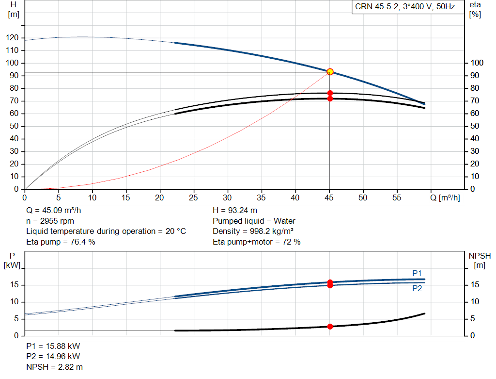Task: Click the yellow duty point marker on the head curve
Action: pos(330,72)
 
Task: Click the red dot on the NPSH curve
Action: pos(330,327)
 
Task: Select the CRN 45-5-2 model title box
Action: pos(405,7)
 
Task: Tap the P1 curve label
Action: pos(417,273)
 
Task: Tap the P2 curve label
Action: pos(417,288)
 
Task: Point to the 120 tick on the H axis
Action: pos(12,38)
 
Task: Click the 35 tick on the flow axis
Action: pos(261,198)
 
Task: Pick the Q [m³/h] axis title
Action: pos(445,198)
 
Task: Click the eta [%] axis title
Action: pos(475,10)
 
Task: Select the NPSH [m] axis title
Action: pos(480,261)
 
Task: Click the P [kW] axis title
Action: pos(12,261)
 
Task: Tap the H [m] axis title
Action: pos(14,10)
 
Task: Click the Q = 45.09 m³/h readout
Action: pos(53,211)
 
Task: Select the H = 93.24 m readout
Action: pos(235,211)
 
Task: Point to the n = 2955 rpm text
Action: pos(50,221)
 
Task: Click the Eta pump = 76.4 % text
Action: pos(61,242)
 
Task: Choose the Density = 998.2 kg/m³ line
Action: pos(253,231)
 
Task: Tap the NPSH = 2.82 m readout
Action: pos(54,367)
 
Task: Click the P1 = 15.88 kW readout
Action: pos(53,346)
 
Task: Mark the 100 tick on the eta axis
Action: pos(477,63)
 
